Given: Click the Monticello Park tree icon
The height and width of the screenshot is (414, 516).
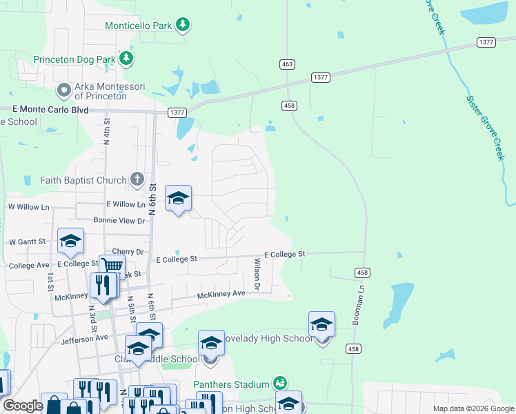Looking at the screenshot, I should pyautogui.click(x=182, y=26).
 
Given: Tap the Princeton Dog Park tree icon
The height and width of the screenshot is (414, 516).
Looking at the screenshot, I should pyautogui.click(x=126, y=59).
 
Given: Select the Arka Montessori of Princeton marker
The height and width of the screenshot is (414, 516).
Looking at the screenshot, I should pyautogui.click(x=64, y=90).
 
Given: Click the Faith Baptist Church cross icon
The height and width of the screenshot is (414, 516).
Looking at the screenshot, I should pyautogui.click(x=137, y=181).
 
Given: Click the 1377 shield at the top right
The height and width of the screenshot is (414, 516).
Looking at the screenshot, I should pyautogui.click(x=486, y=43).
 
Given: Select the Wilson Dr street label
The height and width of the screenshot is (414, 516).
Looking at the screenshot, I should pyautogui.click(x=257, y=273).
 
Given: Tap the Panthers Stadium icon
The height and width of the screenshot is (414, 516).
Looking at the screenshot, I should pyautogui.click(x=279, y=383).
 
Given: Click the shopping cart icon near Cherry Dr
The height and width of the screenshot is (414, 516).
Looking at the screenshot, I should pyautogui.click(x=112, y=266).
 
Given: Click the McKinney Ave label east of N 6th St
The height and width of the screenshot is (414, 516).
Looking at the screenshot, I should pyautogui.click(x=221, y=295).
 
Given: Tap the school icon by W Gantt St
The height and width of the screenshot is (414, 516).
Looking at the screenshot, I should pyautogui.click(x=70, y=241).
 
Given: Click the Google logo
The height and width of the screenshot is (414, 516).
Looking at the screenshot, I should pyautogui.click(x=22, y=406).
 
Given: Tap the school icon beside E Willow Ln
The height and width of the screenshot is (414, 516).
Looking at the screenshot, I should pyautogui.click(x=178, y=199).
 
